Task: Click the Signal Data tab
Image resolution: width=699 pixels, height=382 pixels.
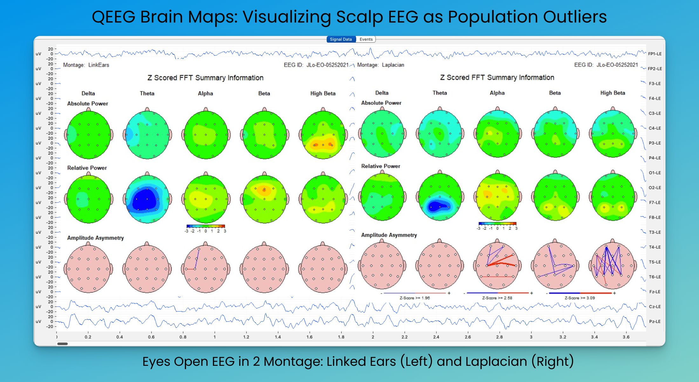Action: [341, 39]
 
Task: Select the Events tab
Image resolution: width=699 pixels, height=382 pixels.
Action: [366, 39]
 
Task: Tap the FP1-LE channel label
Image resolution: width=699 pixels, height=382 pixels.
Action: [655, 54]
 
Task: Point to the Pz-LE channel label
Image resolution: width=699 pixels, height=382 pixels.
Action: [655, 322]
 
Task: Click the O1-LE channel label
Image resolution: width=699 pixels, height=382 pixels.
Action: [655, 173]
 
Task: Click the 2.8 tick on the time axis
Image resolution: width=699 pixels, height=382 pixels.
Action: [499, 337]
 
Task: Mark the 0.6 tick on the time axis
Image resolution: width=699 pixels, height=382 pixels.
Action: [151, 337]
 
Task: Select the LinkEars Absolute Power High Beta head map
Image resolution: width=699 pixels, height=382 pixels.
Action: [323, 135]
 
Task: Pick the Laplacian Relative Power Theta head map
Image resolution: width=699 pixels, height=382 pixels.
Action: [440, 197]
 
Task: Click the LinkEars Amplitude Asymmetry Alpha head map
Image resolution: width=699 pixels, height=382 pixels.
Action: [206, 269]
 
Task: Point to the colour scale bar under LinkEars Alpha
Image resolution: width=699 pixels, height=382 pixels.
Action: [206, 226]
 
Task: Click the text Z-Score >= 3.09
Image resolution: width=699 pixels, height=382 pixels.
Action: [580, 298]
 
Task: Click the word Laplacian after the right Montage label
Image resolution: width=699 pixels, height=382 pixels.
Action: [393, 65]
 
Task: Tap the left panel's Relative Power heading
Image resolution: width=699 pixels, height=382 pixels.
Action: [87, 168]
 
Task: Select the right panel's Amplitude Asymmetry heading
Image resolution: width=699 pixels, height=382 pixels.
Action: [389, 235]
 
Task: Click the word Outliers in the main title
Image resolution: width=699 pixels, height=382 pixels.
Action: [575, 17]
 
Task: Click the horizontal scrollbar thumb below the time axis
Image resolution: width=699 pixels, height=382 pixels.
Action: [63, 344]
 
